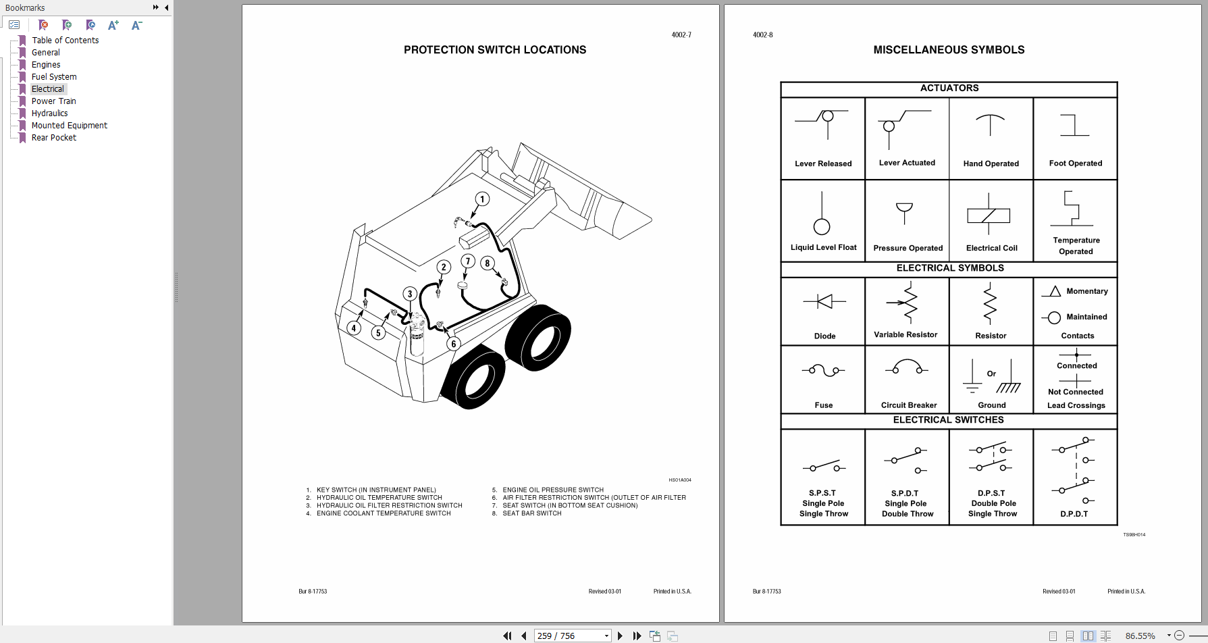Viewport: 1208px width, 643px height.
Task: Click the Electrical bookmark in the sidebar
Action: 48,89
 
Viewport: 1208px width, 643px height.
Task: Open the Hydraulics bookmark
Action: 49,113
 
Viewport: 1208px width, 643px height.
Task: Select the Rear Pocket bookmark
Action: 54,138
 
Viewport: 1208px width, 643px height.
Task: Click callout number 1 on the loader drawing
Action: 482,199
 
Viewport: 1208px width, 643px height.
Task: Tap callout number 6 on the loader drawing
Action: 453,344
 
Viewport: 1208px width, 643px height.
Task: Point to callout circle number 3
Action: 410,294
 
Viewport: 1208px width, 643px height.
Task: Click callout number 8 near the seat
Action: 487,263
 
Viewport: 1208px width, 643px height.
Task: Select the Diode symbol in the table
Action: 824,302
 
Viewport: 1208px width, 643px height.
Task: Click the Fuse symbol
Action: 823,370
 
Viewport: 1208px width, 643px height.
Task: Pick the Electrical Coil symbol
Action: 989,215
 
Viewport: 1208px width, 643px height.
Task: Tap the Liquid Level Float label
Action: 823,247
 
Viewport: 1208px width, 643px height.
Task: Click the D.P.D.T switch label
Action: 1074,514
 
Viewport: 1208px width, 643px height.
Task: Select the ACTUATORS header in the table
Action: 949,88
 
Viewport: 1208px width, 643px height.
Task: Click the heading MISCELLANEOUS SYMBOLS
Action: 949,50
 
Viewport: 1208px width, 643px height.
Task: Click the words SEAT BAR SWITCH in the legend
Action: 532,513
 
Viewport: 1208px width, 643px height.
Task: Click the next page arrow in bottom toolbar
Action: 620,636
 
